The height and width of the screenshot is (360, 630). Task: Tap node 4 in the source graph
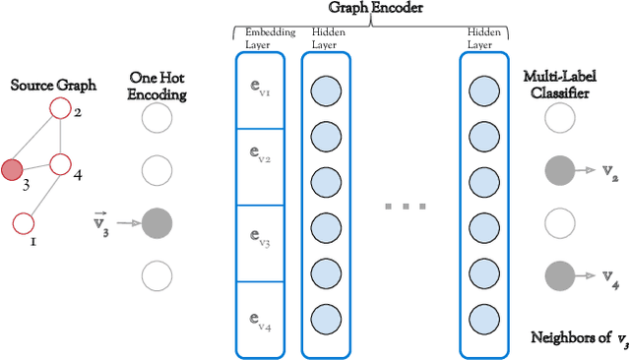point(60,163)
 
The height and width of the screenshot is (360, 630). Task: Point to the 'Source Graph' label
point(53,86)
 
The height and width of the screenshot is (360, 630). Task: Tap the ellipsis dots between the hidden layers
point(405,208)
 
